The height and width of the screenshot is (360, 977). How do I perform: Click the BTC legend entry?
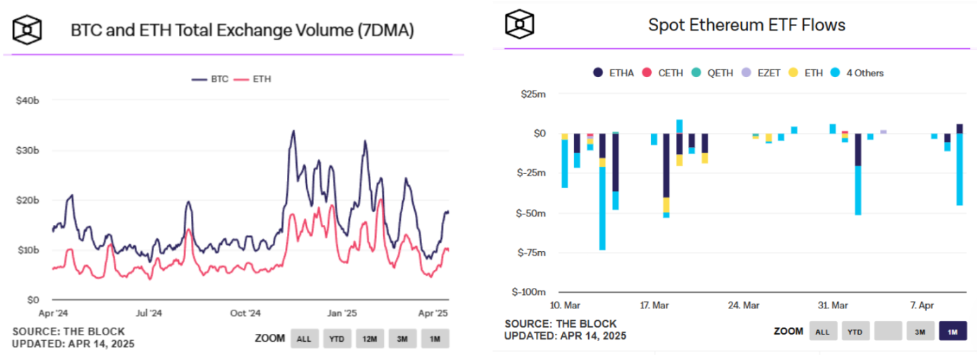click(x=211, y=79)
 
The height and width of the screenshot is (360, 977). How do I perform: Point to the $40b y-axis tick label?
click(x=27, y=101)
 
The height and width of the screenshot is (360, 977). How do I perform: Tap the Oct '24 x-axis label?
click(x=246, y=312)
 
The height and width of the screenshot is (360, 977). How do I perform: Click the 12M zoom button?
click(x=370, y=339)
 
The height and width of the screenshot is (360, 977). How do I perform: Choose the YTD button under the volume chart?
click(x=337, y=339)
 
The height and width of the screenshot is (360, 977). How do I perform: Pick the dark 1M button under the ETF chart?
click(x=952, y=331)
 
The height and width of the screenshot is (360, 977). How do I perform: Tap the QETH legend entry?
click(x=713, y=73)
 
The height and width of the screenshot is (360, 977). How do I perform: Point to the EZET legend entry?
click(x=763, y=73)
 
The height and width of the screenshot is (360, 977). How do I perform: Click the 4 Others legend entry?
click(x=856, y=73)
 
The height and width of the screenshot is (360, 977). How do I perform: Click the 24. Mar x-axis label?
click(x=744, y=306)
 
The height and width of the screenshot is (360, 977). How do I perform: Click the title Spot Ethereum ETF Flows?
click(x=747, y=25)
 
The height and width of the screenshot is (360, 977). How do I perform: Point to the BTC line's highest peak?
click(x=293, y=131)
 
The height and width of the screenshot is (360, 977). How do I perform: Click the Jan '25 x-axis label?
click(x=343, y=312)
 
